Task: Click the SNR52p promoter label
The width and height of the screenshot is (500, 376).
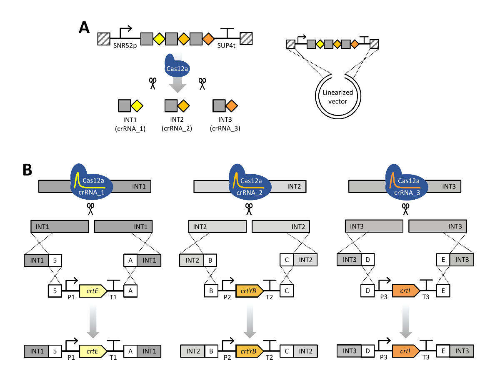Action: (x=125, y=45)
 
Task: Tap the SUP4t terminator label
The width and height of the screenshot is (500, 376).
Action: (x=226, y=45)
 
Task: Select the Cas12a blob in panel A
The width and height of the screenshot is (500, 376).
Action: (x=177, y=65)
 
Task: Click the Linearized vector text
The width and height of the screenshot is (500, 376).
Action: (x=337, y=97)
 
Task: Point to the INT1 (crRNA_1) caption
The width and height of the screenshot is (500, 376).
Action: (x=130, y=124)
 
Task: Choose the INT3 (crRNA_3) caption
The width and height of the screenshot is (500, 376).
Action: (x=225, y=124)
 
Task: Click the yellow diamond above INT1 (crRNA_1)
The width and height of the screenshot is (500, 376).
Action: (x=137, y=106)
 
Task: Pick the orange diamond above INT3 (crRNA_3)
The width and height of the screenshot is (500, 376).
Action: (x=232, y=106)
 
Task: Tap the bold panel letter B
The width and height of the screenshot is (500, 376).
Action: (x=27, y=170)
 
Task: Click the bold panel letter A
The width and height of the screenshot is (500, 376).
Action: (x=84, y=28)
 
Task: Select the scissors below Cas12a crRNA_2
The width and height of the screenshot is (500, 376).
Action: (x=249, y=209)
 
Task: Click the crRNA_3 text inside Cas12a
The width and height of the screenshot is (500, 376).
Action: (x=407, y=193)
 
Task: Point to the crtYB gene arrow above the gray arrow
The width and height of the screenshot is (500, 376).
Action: (x=250, y=291)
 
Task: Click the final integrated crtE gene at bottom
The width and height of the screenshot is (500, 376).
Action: (x=93, y=351)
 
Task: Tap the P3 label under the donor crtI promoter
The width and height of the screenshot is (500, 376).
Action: (x=384, y=297)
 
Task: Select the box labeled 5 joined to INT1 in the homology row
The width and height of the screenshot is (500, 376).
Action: (x=55, y=260)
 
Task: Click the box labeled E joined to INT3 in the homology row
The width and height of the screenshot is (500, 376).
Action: (x=443, y=260)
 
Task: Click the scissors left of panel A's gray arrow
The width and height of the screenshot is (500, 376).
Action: (x=152, y=83)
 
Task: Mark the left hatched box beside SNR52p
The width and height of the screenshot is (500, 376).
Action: (x=104, y=39)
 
